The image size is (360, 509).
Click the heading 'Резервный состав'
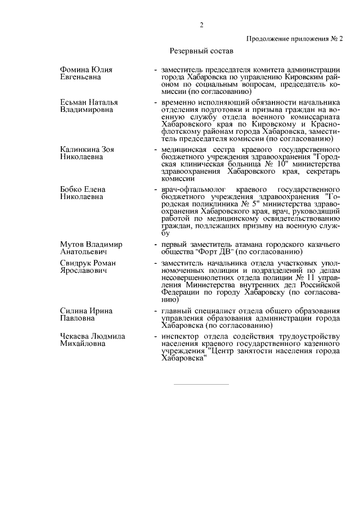point(200,51)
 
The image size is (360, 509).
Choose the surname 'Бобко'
point(72,190)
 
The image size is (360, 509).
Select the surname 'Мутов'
point(73,245)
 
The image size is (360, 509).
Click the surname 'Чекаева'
point(76,336)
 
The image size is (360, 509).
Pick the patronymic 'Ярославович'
point(84,271)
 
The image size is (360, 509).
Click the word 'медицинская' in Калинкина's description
point(184,150)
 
